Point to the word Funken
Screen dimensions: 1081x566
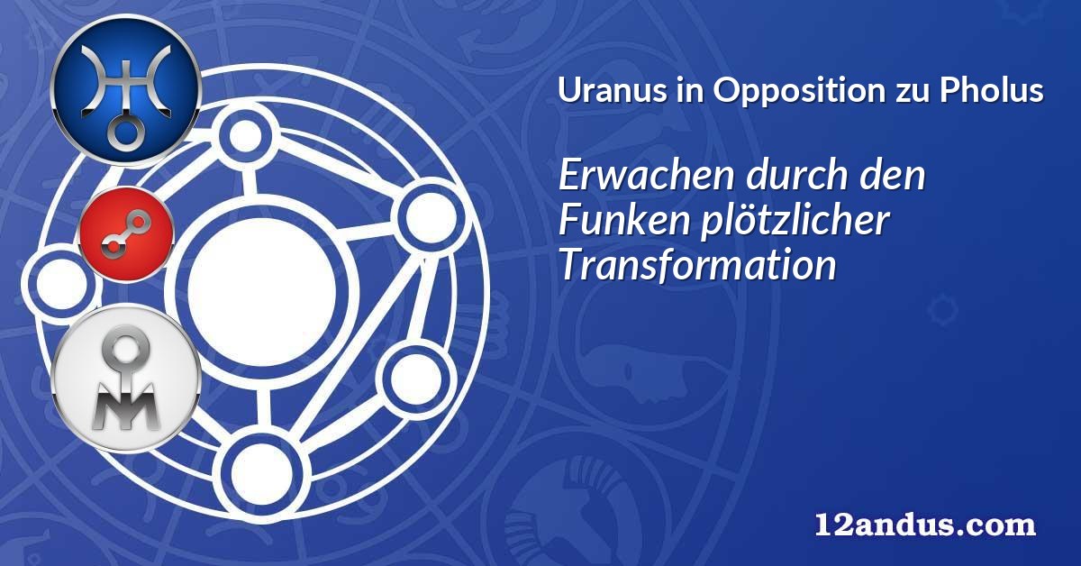(x=623, y=220)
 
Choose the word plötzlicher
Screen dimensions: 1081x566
(x=795, y=222)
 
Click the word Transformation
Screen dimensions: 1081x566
(x=697, y=265)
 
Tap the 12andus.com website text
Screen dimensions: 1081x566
(x=925, y=525)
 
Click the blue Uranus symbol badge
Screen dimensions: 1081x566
(x=125, y=90)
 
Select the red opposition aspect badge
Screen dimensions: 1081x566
(x=126, y=234)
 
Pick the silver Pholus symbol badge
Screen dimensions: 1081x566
(x=126, y=379)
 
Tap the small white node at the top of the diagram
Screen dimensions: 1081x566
(x=246, y=136)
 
